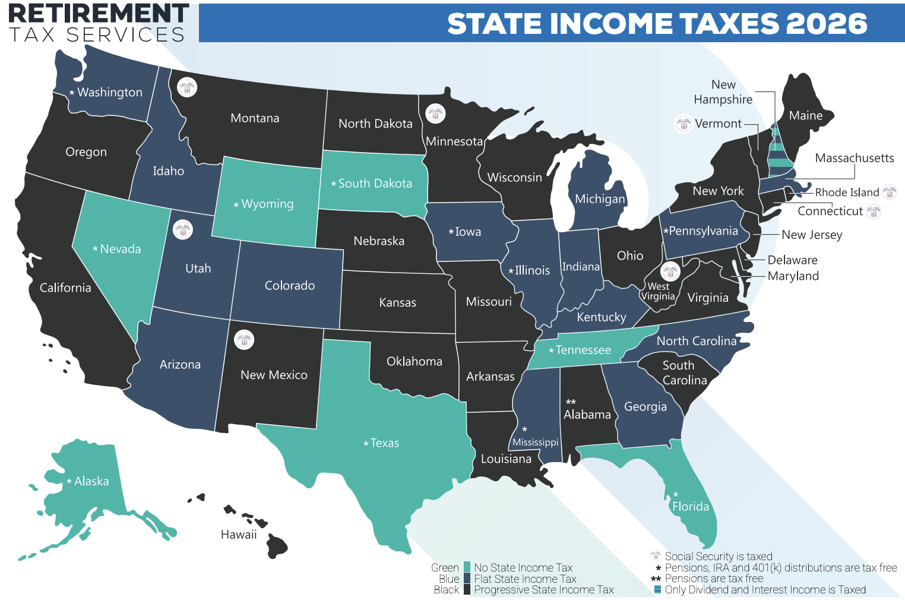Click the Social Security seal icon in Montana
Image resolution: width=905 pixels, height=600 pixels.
[x=187, y=88]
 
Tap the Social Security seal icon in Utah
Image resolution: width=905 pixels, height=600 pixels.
[x=182, y=229]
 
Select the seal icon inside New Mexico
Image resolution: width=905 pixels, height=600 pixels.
[x=243, y=340]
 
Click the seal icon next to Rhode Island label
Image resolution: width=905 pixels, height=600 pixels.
[x=889, y=192]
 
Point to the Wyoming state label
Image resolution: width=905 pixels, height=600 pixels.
[x=267, y=204]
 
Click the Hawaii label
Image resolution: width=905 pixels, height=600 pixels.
[x=239, y=535]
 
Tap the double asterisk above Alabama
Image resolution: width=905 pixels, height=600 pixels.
[x=571, y=402]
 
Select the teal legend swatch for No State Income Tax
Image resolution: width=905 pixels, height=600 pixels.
[x=467, y=567]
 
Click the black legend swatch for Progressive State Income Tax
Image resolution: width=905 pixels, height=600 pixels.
[x=467, y=589]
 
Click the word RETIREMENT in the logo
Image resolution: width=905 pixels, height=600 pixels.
[x=99, y=13]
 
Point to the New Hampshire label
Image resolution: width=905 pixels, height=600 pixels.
[x=723, y=92]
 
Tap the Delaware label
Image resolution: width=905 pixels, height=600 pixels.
[x=792, y=260]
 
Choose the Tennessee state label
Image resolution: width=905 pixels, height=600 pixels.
[x=583, y=350]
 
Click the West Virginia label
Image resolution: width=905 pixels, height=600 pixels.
[x=658, y=291]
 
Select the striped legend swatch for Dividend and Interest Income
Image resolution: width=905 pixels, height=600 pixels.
[x=657, y=589]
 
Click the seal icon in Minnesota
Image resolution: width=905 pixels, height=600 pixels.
[x=435, y=113]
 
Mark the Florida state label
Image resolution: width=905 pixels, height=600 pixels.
[x=690, y=506]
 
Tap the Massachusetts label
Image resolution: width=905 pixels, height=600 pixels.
[x=854, y=158]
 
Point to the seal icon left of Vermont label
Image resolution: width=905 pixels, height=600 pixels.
[x=684, y=124]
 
